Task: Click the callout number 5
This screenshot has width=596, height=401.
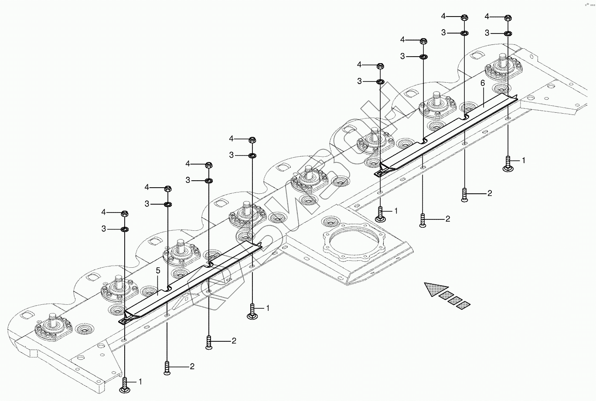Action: coord(158,270)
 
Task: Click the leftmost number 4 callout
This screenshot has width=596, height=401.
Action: coord(104,212)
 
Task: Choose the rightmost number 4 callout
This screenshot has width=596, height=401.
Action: coord(487,16)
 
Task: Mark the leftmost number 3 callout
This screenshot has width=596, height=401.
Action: coord(104,229)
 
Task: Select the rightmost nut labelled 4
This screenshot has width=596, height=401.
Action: coord(508,18)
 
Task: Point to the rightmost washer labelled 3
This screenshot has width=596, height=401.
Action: coord(508,34)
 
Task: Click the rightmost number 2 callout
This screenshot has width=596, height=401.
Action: coord(490,193)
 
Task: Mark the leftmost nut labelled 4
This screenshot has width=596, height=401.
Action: coord(125,214)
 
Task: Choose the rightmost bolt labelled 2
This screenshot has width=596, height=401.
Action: coord(464,194)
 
